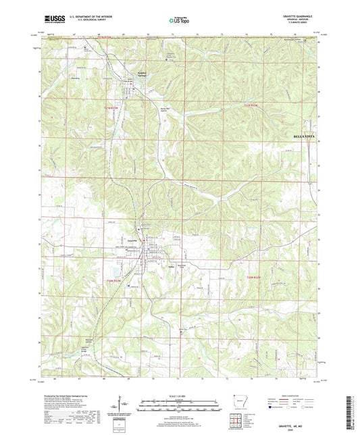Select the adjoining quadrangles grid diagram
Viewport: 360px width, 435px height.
point(237,422)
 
